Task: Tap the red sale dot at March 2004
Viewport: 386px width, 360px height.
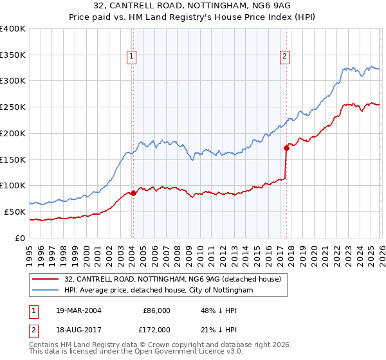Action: (x=133, y=192)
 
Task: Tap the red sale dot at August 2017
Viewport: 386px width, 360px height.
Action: (x=286, y=147)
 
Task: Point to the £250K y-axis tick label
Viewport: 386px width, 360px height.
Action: (x=12, y=107)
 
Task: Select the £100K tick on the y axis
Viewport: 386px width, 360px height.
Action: (x=12, y=185)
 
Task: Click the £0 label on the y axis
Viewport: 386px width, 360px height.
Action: (x=19, y=238)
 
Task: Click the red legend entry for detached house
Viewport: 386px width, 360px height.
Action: (x=172, y=280)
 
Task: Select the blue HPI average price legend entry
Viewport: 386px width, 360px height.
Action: (x=158, y=291)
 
